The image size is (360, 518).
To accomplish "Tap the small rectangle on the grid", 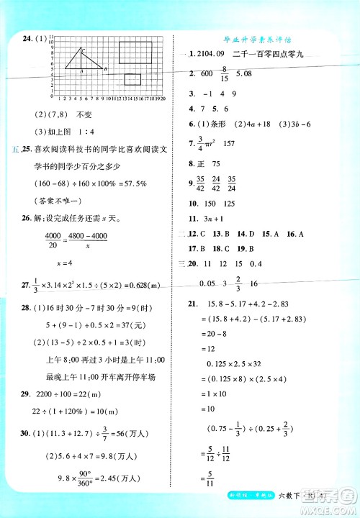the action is pyautogui.click(x=132, y=80).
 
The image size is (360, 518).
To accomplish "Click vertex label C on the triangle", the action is pyautogui.click(x=84, y=50).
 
